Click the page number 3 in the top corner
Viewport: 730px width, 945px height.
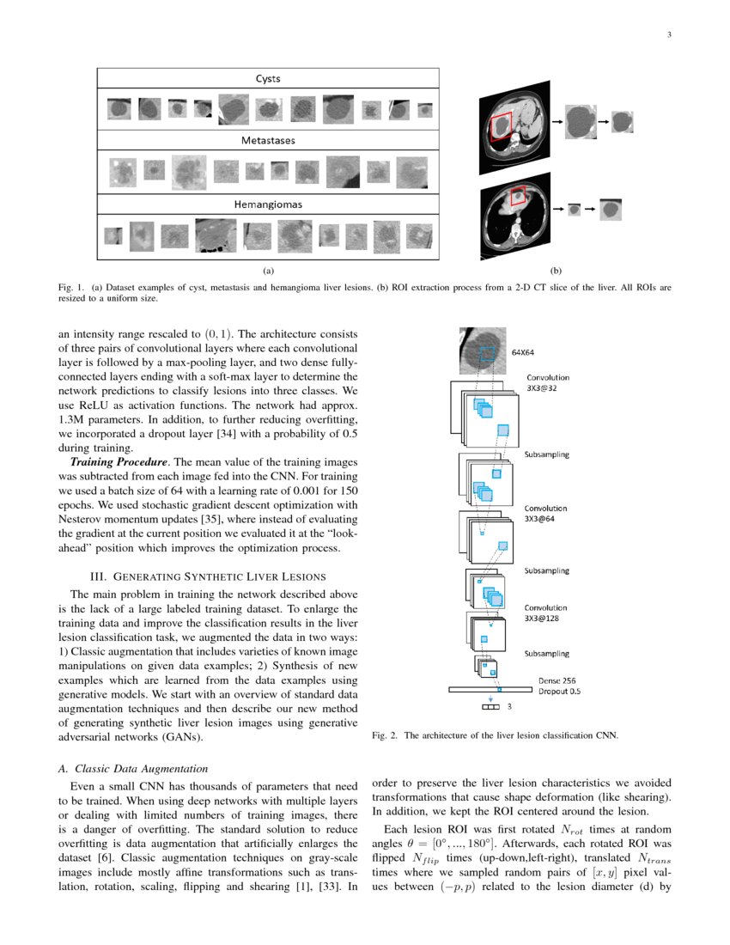tap(667, 35)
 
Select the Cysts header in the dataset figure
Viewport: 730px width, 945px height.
tap(267, 79)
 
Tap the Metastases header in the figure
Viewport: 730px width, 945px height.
tap(267, 140)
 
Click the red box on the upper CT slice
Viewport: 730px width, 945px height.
tap(501, 125)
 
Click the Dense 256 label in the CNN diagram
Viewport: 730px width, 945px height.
tap(557, 680)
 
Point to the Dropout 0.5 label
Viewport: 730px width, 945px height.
tap(559, 692)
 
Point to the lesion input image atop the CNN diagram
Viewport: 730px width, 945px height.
tap(484, 350)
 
